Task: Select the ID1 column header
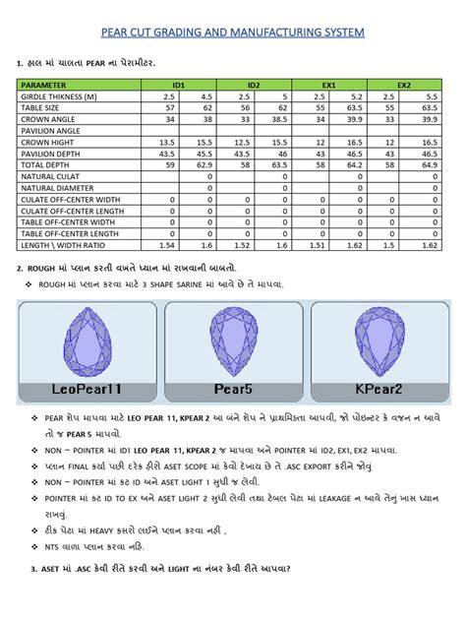tap(178, 86)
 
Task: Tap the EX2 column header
tap(404, 86)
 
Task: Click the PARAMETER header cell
tap(43, 86)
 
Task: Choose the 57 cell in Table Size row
tap(168, 107)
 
